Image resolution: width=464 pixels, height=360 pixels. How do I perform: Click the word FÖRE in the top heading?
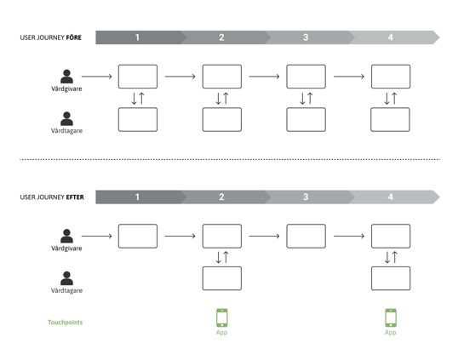coord(73,37)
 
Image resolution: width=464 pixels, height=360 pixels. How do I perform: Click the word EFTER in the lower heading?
coord(75,197)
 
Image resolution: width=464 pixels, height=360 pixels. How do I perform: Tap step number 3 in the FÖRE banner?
coord(306,37)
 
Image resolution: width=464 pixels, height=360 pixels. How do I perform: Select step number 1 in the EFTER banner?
coord(137,197)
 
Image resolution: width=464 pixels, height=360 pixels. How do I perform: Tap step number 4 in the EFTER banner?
coord(390,197)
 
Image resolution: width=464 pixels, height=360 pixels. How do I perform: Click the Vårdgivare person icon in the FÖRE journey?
coord(67,77)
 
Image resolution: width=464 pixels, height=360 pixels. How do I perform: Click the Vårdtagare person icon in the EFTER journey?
coord(67,278)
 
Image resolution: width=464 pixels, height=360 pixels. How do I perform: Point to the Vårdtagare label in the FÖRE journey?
coord(66,131)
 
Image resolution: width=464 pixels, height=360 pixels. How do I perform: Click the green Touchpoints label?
coord(65,323)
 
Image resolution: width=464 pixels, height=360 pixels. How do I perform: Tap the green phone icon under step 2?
coord(222,317)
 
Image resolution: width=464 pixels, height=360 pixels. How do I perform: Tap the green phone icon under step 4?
coord(391,317)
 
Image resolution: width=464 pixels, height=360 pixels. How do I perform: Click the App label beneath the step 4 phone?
coord(390,333)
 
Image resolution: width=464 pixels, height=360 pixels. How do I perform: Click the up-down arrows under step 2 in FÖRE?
coord(222,98)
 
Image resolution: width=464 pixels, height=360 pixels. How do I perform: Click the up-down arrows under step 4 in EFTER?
coord(391,257)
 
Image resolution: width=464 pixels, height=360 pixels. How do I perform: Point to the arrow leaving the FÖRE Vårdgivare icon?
coord(97,77)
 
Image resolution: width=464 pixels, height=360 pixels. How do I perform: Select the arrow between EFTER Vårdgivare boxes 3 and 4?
coord(349,236)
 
